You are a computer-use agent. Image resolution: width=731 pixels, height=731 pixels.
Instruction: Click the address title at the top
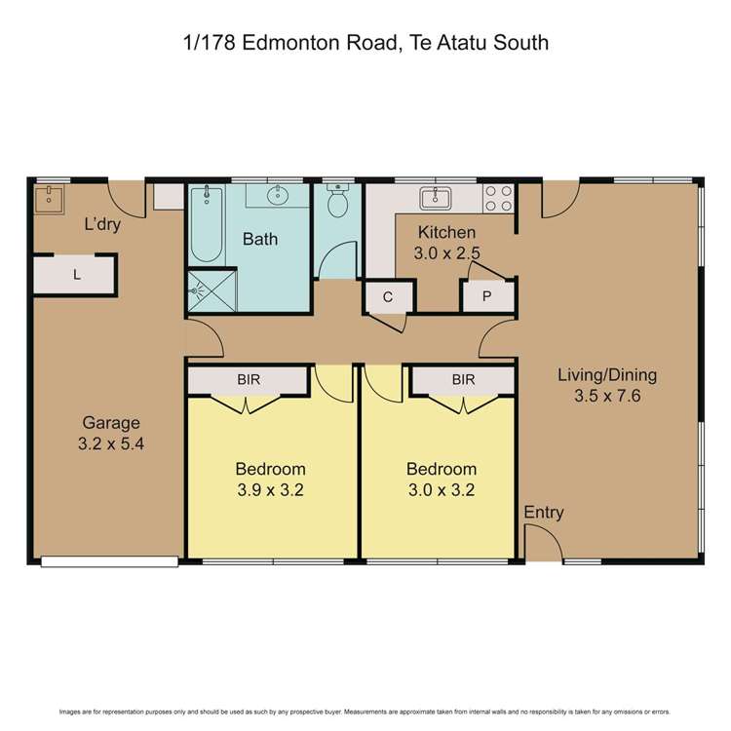365,43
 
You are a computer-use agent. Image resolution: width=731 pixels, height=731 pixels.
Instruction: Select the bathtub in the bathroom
206,223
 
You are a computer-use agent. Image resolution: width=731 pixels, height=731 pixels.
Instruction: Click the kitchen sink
435,199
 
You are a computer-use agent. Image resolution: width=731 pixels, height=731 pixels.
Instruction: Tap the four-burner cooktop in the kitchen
498,199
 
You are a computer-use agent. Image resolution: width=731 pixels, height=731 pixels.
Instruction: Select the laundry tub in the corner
48,200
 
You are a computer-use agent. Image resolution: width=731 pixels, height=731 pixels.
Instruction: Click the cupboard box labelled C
387,297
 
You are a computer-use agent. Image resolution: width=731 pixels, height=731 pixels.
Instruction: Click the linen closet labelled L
76,275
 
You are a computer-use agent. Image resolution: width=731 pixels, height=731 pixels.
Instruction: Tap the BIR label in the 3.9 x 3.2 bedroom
250,379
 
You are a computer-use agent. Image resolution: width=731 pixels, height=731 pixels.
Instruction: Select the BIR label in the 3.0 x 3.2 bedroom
463,379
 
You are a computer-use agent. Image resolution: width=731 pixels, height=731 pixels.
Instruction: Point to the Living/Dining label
607,374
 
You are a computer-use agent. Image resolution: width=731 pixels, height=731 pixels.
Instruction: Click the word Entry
544,513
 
